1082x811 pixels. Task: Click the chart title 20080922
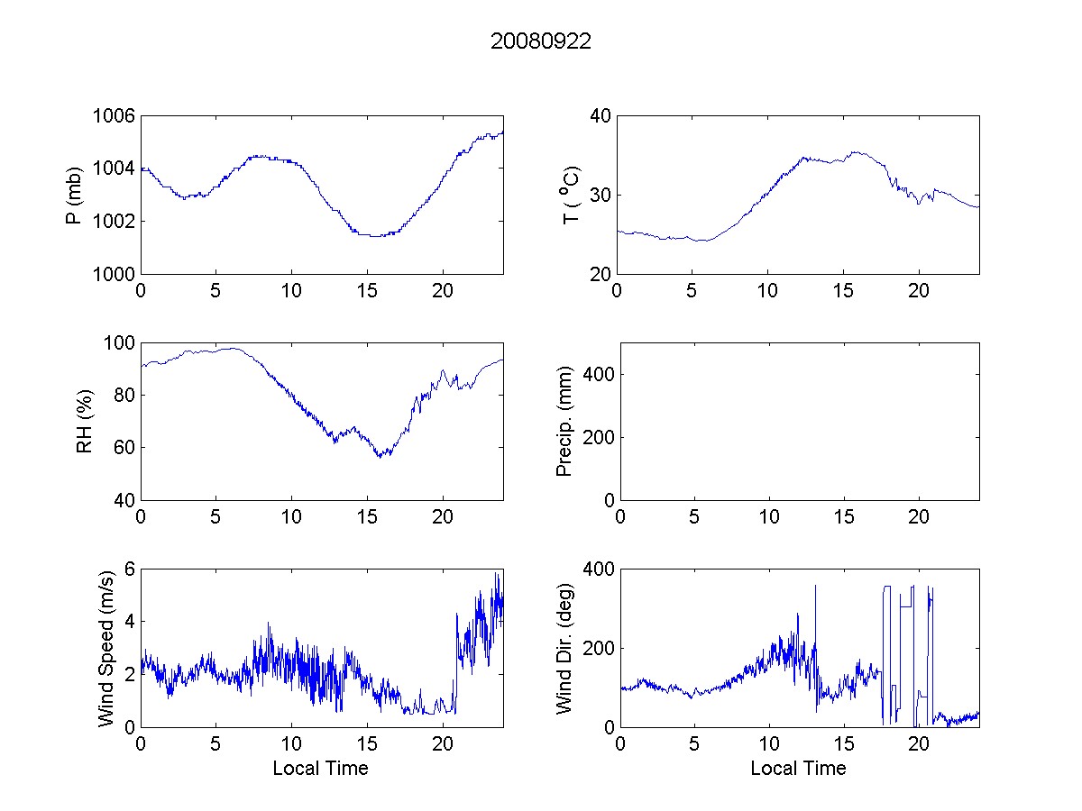click(x=541, y=41)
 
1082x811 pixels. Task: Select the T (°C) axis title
click(x=570, y=195)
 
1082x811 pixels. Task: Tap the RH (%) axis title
click(x=84, y=422)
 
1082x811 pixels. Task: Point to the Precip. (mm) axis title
click(x=564, y=422)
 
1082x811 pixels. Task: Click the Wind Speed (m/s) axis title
click(x=105, y=648)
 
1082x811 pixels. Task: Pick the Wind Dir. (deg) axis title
click(x=564, y=648)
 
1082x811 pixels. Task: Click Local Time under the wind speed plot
click(x=320, y=769)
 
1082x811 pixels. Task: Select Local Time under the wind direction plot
click(x=798, y=769)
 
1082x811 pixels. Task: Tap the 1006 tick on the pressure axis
click(x=114, y=116)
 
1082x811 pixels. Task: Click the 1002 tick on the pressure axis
click(x=114, y=221)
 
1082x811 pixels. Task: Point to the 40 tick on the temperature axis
click(x=601, y=116)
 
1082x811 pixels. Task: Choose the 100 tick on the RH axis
click(x=119, y=343)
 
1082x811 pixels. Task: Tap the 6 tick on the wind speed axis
click(x=129, y=570)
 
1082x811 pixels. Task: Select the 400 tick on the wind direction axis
click(x=596, y=570)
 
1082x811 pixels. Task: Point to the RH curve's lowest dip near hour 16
click(x=381, y=456)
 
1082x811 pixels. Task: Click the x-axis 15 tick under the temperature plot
click(x=844, y=291)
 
